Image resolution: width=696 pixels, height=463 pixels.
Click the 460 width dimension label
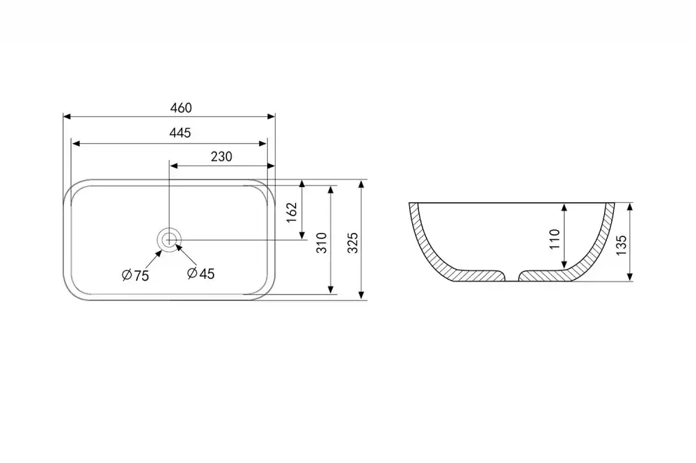click(x=181, y=108)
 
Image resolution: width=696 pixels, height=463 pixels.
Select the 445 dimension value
click(x=180, y=133)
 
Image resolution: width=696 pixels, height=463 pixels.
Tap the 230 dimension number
click(x=221, y=156)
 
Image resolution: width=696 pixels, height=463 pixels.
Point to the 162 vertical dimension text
click(x=291, y=213)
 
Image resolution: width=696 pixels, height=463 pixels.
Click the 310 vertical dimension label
click(x=322, y=243)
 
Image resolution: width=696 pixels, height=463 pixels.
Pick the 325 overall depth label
click(x=352, y=243)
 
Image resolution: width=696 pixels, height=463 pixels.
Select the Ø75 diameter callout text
click(x=136, y=275)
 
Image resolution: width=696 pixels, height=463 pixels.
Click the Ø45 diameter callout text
click(x=200, y=274)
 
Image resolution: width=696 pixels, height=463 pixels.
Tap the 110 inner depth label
click(x=555, y=239)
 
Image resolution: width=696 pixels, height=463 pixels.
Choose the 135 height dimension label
click(x=622, y=245)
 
